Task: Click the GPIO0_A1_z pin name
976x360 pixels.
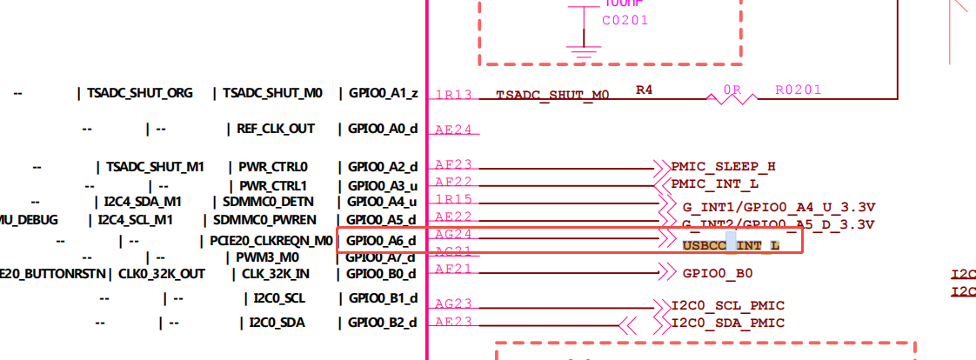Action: coord(383,93)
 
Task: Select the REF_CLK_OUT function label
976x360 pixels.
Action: coord(276,129)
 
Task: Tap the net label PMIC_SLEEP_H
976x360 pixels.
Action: coord(723,166)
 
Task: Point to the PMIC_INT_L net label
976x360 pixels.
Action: coord(715,184)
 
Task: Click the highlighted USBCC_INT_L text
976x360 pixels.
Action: coord(731,246)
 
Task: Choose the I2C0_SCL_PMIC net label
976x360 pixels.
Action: coord(728,305)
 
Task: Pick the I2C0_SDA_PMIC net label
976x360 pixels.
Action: coord(728,323)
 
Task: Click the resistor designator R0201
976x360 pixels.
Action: coord(798,90)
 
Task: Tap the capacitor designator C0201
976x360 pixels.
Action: coord(625,20)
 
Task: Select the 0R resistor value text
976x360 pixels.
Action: coord(732,90)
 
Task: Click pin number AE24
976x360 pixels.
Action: coord(453,130)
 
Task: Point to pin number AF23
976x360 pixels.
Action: coord(453,163)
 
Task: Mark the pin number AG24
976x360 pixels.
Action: coord(453,235)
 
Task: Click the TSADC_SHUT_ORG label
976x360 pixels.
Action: coord(139,93)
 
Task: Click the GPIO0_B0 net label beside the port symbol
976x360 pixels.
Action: coord(718,273)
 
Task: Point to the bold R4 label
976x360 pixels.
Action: coord(644,89)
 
